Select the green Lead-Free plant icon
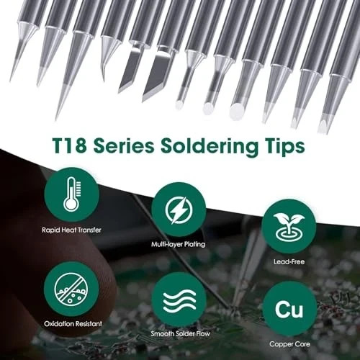coord(289,225)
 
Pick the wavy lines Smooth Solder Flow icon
coord(179,302)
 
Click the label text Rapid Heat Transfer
coord(71,230)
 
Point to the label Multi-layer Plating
coord(179,244)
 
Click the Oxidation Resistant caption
coord(71,323)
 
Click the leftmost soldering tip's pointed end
coord(12,78)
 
